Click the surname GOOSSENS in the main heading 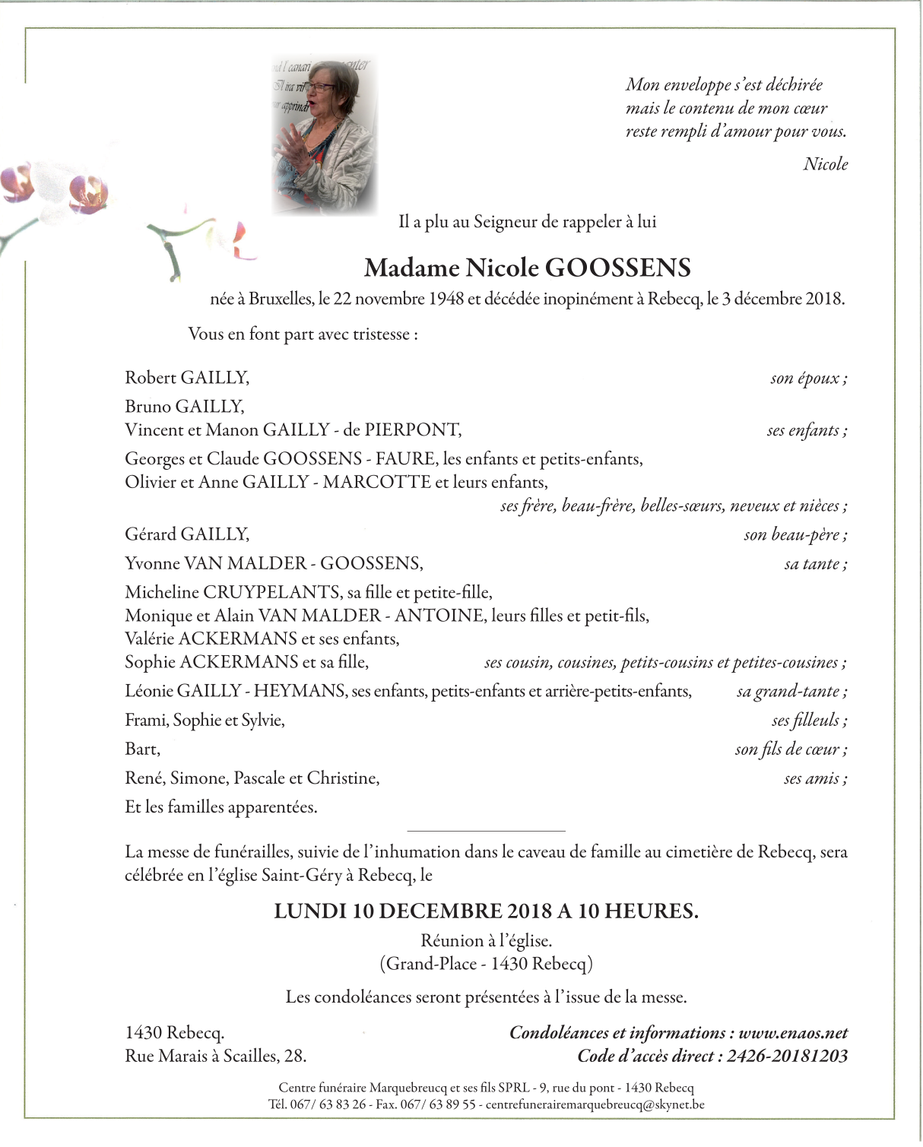(x=618, y=268)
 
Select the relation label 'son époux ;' (x=808, y=379)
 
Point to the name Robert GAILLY (x=187, y=378)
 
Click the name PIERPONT (x=412, y=430)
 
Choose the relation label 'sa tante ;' (x=815, y=564)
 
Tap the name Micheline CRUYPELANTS (x=233, y=592)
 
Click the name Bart (x=142, y=749)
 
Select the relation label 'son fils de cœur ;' (x=791, y=749)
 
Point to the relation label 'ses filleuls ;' (x=809, y=721)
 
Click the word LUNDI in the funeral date (x=310, y=911)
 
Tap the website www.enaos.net (x=793, y=1033)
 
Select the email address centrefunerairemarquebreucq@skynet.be (x=595, y=1104)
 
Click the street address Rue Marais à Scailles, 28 (x=216, y=1056)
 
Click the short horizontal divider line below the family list (x=487, y=831)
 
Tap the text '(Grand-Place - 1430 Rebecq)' (x=486, y=965)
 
